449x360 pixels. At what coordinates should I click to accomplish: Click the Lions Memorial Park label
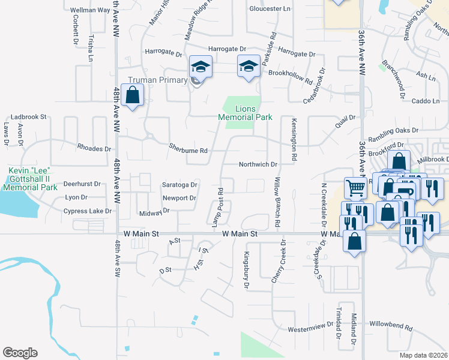[x=245, y=113]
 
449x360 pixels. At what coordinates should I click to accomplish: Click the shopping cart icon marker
[x=356, y=188]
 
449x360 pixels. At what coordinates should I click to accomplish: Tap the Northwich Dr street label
[x=258, y=164]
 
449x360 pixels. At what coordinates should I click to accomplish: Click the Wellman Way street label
[x=90, y=11]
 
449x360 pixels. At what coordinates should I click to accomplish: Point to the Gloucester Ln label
[x=270, y=9]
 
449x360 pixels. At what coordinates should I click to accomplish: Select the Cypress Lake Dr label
[x=88, y=211]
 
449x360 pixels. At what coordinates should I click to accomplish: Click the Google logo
[x=20, y=353]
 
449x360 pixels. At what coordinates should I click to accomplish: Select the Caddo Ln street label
[x=427, y=101]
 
